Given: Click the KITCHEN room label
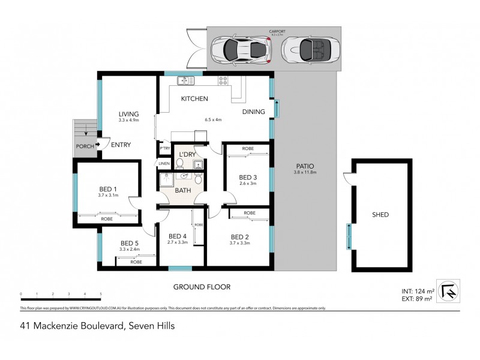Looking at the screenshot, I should pyautogui.click(x=195, y=98).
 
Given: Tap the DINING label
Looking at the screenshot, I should pyautogui.click(x=254, y=112).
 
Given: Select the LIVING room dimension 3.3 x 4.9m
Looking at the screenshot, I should pyautogui.click(x=128, y=121).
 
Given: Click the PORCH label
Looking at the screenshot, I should pyautogui.click(x=84, y=146).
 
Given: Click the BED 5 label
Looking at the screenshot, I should pyautogui.click(x=130, y=243).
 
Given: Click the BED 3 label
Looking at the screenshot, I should pyautogui.click(x=248, y=177).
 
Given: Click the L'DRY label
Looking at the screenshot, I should pyautogui.click(x=187, y=155).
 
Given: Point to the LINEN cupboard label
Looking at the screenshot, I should pyautogui.click(x=164, y=163).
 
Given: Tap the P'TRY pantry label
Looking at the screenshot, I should pyautogui.click(x=164, y=147).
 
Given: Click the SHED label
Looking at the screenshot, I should pyautogui.click(x=380, y=214).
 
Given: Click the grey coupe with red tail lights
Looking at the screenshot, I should pyautogui.click(x=241, y=50).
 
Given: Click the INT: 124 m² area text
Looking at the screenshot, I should pyautogui.click(x=415, y=292).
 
